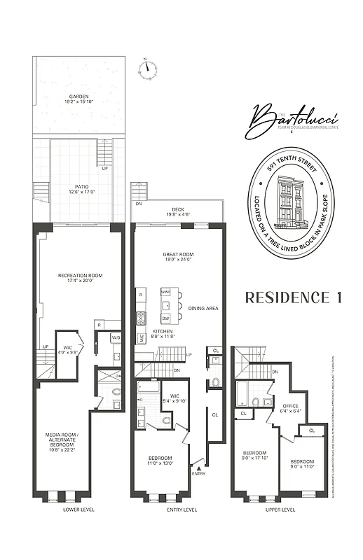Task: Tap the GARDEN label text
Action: pyautogui.click(x=78, y=97)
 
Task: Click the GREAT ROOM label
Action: pyautogui.click(x=178, y=254)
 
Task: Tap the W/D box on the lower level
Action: pyautogui.click(x=116, y=338)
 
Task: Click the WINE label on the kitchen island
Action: pyautogui.click(x=166, y=290)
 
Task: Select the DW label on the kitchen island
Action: pyautogui.click(x=166, y=316)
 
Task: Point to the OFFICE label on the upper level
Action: pyautogui.click(x=290, y=405)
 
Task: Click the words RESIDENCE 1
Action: pyautogui.click(x=293, y=297)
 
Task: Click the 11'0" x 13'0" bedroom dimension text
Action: pyautogui.click(x=160, y=463)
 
